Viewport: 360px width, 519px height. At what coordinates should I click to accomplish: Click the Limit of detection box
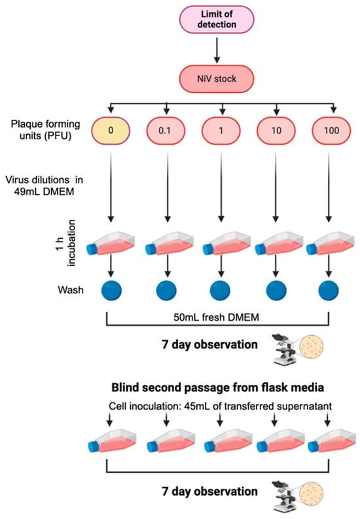(x=223, y=19)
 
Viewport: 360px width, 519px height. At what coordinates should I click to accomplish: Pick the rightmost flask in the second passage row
(x=333, y=440)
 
